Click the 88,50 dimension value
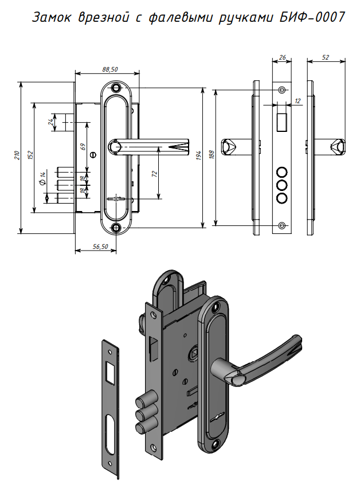110,69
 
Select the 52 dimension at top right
326,57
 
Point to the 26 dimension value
282,57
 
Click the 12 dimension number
296,101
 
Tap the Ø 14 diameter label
44,178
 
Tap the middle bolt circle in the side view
281,185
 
